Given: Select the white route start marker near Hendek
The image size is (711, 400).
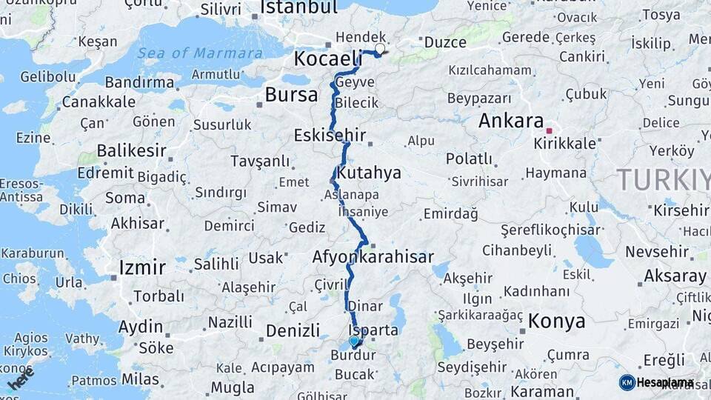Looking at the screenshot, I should pyautogui.click(x=380, y=49).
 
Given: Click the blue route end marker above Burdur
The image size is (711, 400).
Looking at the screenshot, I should pyautogui.click(x=354, y=341).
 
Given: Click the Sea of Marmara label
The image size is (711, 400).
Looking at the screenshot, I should pyautogui.click(x=199, y=53).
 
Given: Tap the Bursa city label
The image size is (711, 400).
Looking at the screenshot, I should pyautogui.click(x=291, y=94).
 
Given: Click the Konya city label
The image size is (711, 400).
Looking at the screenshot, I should pyautogui.click(x=556, y=321).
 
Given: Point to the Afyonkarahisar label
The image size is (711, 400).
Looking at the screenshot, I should pyautogui.click(x=373, y=258).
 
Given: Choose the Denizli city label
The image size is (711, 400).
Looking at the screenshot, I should pyautogui.click(x=293, y=330).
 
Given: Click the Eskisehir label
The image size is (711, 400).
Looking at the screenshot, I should pyautogui.click(x=330, y=136).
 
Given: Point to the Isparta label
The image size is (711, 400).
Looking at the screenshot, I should pyautogui.click(x=374, y=330).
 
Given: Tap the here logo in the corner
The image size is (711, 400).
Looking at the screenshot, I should pyautogui.click(x=20, y=379).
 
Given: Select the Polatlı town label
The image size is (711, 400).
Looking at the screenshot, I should pyautogui.click(x=469, y=159).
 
